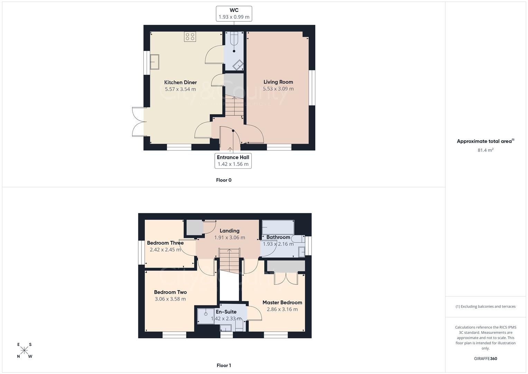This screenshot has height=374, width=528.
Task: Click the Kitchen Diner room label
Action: coord(180,82)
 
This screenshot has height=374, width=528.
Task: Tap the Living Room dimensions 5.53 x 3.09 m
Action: coord(278,89)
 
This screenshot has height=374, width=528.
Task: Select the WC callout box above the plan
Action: coord(234,14)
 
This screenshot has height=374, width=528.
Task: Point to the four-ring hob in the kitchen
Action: coord(190,36)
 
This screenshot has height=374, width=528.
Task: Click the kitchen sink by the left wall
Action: coord(155,62)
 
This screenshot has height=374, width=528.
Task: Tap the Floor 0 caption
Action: coord(223,180)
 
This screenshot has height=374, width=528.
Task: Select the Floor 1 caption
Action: coord(223,365)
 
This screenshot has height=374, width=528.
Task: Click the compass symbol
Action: coord(24,350)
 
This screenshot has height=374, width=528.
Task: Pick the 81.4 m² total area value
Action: coord(485,150)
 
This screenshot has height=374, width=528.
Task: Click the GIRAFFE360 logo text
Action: coord(485,359)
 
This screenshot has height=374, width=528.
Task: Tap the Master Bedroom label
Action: coord(282,302)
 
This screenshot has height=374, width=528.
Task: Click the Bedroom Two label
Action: coord(170,292)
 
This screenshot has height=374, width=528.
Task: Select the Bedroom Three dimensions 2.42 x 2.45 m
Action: coord(165,250)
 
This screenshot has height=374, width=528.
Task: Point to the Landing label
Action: coord(229,231)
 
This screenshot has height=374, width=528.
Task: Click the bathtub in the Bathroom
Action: coord(278,227)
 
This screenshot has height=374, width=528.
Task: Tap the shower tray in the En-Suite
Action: coord(205,316)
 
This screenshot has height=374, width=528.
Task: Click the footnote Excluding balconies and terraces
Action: coord(485,306)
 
